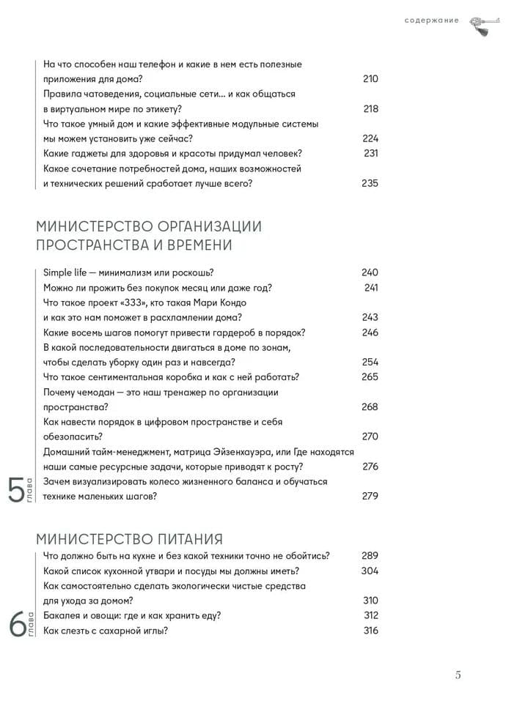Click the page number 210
(x=370, y=79)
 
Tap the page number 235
(x=370, y=183)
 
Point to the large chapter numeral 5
(x=15, y=490)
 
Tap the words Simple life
(x=65, y=272)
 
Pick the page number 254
(x=370, y=362)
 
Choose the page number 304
(x=370, y=571)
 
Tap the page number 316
(x=370, y=630)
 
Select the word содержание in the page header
(x=431, y=21)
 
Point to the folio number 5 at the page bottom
(x=458, y=675)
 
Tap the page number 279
(x=370, y=496)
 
